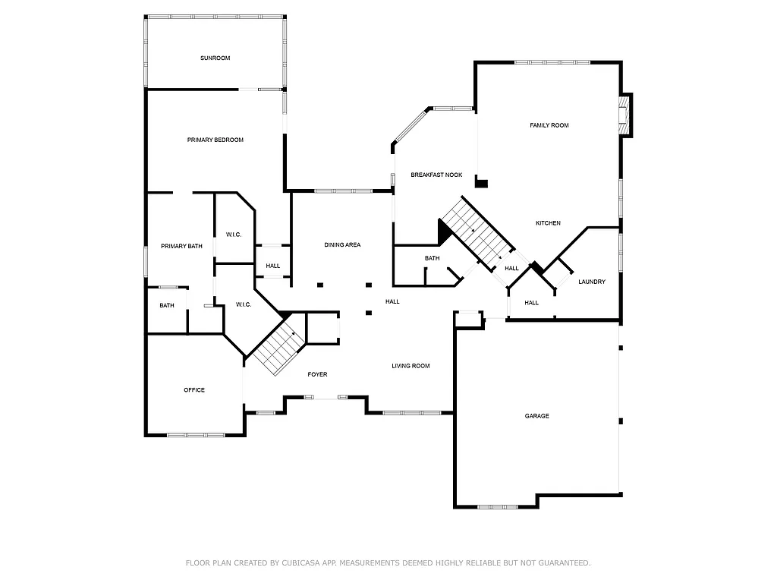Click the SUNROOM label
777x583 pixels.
click(x=215, y=58)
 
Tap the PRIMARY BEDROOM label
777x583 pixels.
click(x=215, y=140)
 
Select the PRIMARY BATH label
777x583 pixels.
click(x=181, y=246)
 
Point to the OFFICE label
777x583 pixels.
click(x=194, y=390)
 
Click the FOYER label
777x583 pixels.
click(x=317, y=375)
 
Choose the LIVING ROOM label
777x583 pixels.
click(x=411, y=366)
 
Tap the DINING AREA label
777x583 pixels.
click(x=342, y=245)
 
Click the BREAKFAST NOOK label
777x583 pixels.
click(x=436, y=175)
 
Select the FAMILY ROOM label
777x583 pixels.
click(x=549, y=125)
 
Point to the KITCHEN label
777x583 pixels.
click(x=548, y=223)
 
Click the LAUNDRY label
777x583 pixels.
click(x=592, y=282)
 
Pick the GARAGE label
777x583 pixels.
click(x=536, y=416)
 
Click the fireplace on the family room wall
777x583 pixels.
click(x=625, y=115)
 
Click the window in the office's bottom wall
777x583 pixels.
click(x=196, y=435)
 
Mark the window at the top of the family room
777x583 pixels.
click(x=552, y=62)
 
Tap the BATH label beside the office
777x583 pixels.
click(x=167, y=306)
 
